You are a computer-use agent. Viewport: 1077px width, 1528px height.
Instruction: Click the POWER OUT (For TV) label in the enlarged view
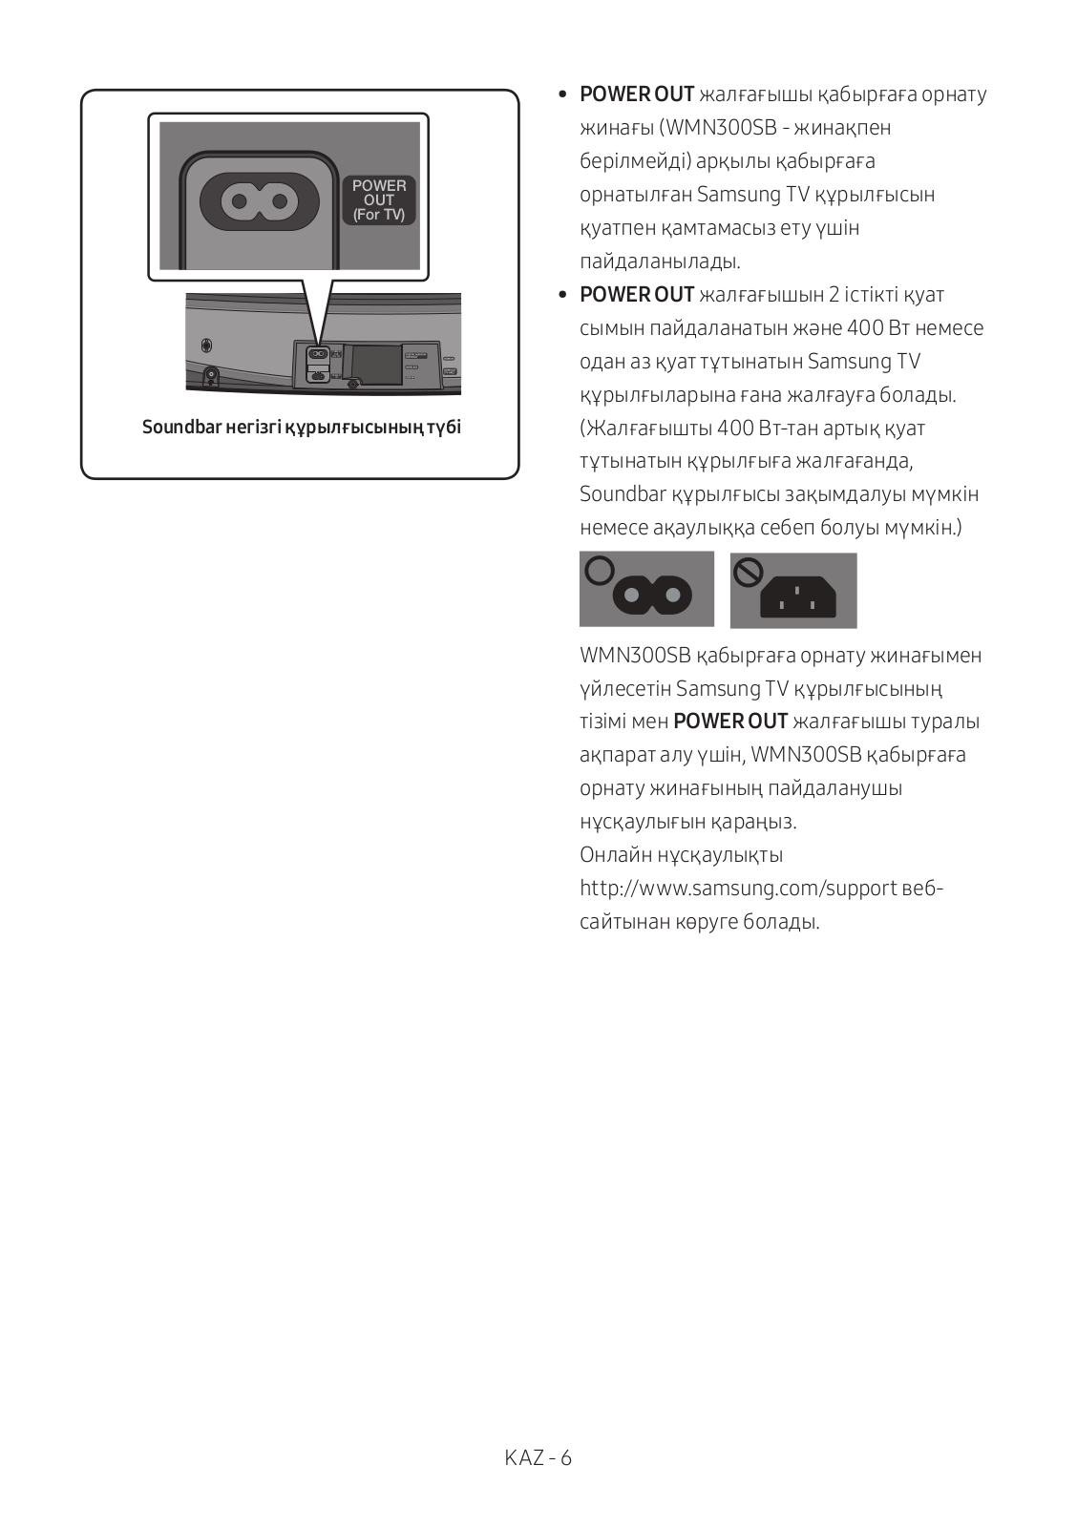click(x=379, y=200)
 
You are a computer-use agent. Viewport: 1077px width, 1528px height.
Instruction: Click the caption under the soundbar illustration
click(x=302, y=427)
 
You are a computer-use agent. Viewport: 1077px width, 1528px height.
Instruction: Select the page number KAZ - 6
click(x=538, y=1457)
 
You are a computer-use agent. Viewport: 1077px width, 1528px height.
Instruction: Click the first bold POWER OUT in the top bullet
click(x=637, y=94)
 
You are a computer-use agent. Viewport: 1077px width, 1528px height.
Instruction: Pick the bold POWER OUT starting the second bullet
click(x=637, y=295)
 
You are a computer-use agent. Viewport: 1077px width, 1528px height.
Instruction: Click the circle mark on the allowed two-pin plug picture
click(x=599, y=571)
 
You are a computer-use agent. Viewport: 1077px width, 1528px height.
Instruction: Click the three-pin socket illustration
click(x=797, y=597)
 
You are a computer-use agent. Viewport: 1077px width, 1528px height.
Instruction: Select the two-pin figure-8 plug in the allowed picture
click(x=652, y=597)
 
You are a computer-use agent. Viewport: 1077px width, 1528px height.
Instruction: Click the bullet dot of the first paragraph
click(x=562, y=94)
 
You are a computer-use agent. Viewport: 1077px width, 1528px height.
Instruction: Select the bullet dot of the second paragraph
click(x=562, y=295)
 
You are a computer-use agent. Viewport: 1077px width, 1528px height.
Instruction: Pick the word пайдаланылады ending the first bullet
click(x=660, y=262)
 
